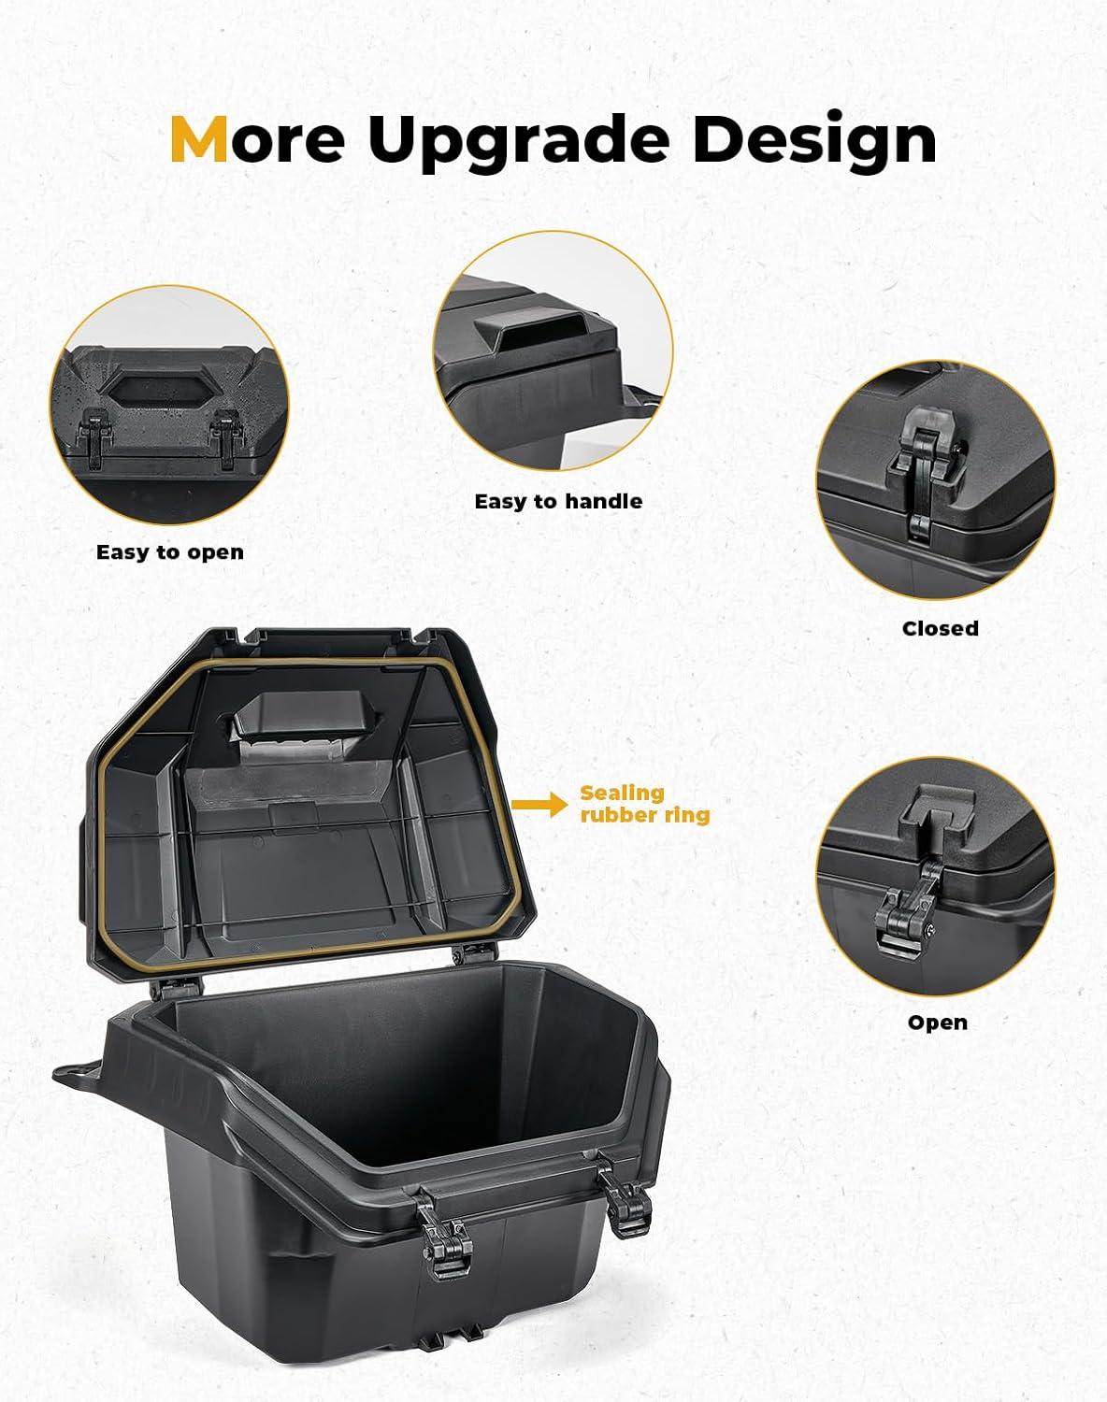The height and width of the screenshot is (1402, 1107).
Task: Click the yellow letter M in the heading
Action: tap(199, 138)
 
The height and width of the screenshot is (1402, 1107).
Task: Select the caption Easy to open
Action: tap(169, 552)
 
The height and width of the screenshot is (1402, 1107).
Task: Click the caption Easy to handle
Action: tap(558, 502)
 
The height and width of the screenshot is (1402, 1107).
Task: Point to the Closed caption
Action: tap(940, 629)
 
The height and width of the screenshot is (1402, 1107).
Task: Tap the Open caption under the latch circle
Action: tap(938, 1023)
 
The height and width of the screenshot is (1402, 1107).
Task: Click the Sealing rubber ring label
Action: tap(645, 804)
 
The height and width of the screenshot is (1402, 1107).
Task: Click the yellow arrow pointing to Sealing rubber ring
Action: tap(539, 804)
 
